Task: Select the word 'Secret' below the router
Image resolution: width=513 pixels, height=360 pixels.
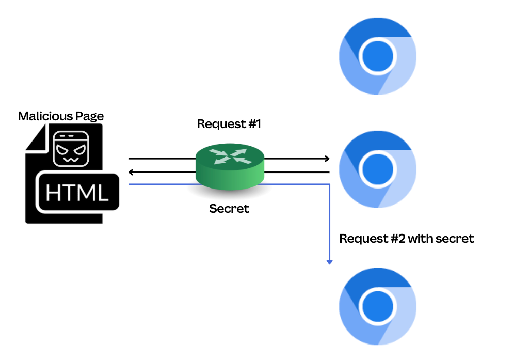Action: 229,209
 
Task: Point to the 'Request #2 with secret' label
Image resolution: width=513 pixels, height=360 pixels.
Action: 407,239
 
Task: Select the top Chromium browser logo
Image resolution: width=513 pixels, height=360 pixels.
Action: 378,56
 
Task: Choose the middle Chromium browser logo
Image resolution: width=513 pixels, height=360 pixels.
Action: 378,169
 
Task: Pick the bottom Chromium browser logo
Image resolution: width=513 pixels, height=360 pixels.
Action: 378,307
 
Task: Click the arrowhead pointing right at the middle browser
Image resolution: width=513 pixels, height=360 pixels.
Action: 327,159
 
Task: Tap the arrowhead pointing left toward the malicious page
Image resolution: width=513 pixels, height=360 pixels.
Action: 132,172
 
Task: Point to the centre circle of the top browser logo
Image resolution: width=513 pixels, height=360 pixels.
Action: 378,56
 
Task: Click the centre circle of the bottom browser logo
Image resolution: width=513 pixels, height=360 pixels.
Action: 378,307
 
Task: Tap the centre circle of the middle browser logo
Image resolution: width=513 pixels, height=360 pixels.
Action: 378,169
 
